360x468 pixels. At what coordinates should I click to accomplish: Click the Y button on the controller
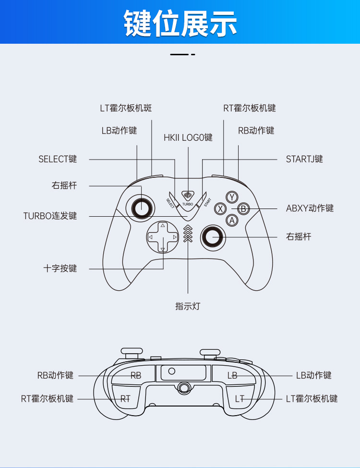(232, 197)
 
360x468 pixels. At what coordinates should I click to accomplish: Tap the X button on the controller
(220, 209)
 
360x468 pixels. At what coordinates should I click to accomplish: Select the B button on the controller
(244, 209)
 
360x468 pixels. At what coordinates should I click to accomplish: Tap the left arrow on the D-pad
(151, 237)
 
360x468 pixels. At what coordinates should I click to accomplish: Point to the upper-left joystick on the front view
(141, 208)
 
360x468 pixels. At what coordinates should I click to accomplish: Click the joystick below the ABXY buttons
(212, 236)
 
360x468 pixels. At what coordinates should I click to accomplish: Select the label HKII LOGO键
(188, 137)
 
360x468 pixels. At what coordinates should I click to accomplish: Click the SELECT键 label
(58, 159)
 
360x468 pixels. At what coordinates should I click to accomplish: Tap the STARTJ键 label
(304, 159)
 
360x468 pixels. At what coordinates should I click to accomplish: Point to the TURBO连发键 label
(50, 216)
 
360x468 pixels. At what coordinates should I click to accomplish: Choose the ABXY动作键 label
(310, 208)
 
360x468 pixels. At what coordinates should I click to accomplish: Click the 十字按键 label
(60, 268)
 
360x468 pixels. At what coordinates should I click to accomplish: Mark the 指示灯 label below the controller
(188, 306)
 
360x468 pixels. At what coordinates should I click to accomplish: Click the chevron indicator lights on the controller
(188, 234)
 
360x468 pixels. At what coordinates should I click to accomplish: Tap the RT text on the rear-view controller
(125, 398)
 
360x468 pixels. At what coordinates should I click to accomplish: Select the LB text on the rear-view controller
(232, 375)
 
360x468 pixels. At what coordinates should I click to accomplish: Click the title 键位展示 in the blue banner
(180, 22)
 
